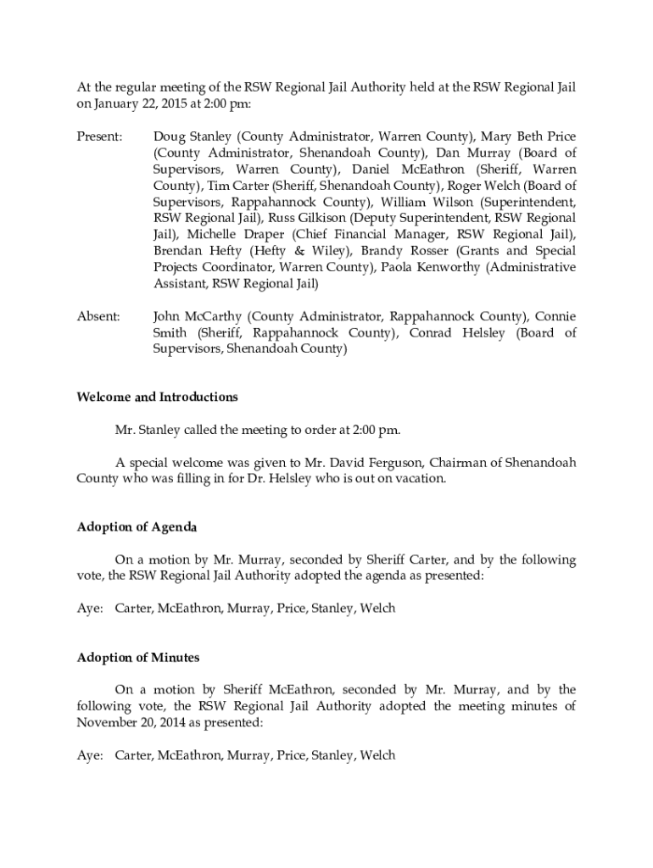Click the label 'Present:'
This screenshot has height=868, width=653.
(100, 136)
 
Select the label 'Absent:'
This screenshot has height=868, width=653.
(98, 316)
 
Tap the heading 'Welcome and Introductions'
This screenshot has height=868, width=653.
(157, 397)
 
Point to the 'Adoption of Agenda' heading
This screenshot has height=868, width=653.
(137, 527)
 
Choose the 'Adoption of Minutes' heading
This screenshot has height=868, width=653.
(138, 658)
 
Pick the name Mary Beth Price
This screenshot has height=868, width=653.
(528, 136)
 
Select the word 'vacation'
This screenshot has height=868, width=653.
(417, 478)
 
